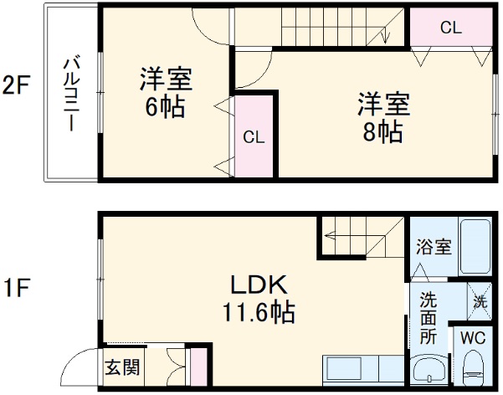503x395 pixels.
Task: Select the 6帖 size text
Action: (x=165, y=107)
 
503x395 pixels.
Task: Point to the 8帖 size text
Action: (x=382, y=131)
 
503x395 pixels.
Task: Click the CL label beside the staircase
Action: (x=450, y=28)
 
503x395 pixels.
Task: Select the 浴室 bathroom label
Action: (x=434, y=247)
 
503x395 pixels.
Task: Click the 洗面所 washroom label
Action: (x=429, y=319)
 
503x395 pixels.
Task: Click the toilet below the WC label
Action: (x=473, y=367)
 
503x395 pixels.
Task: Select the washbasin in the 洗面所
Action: (x=430, y=370)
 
